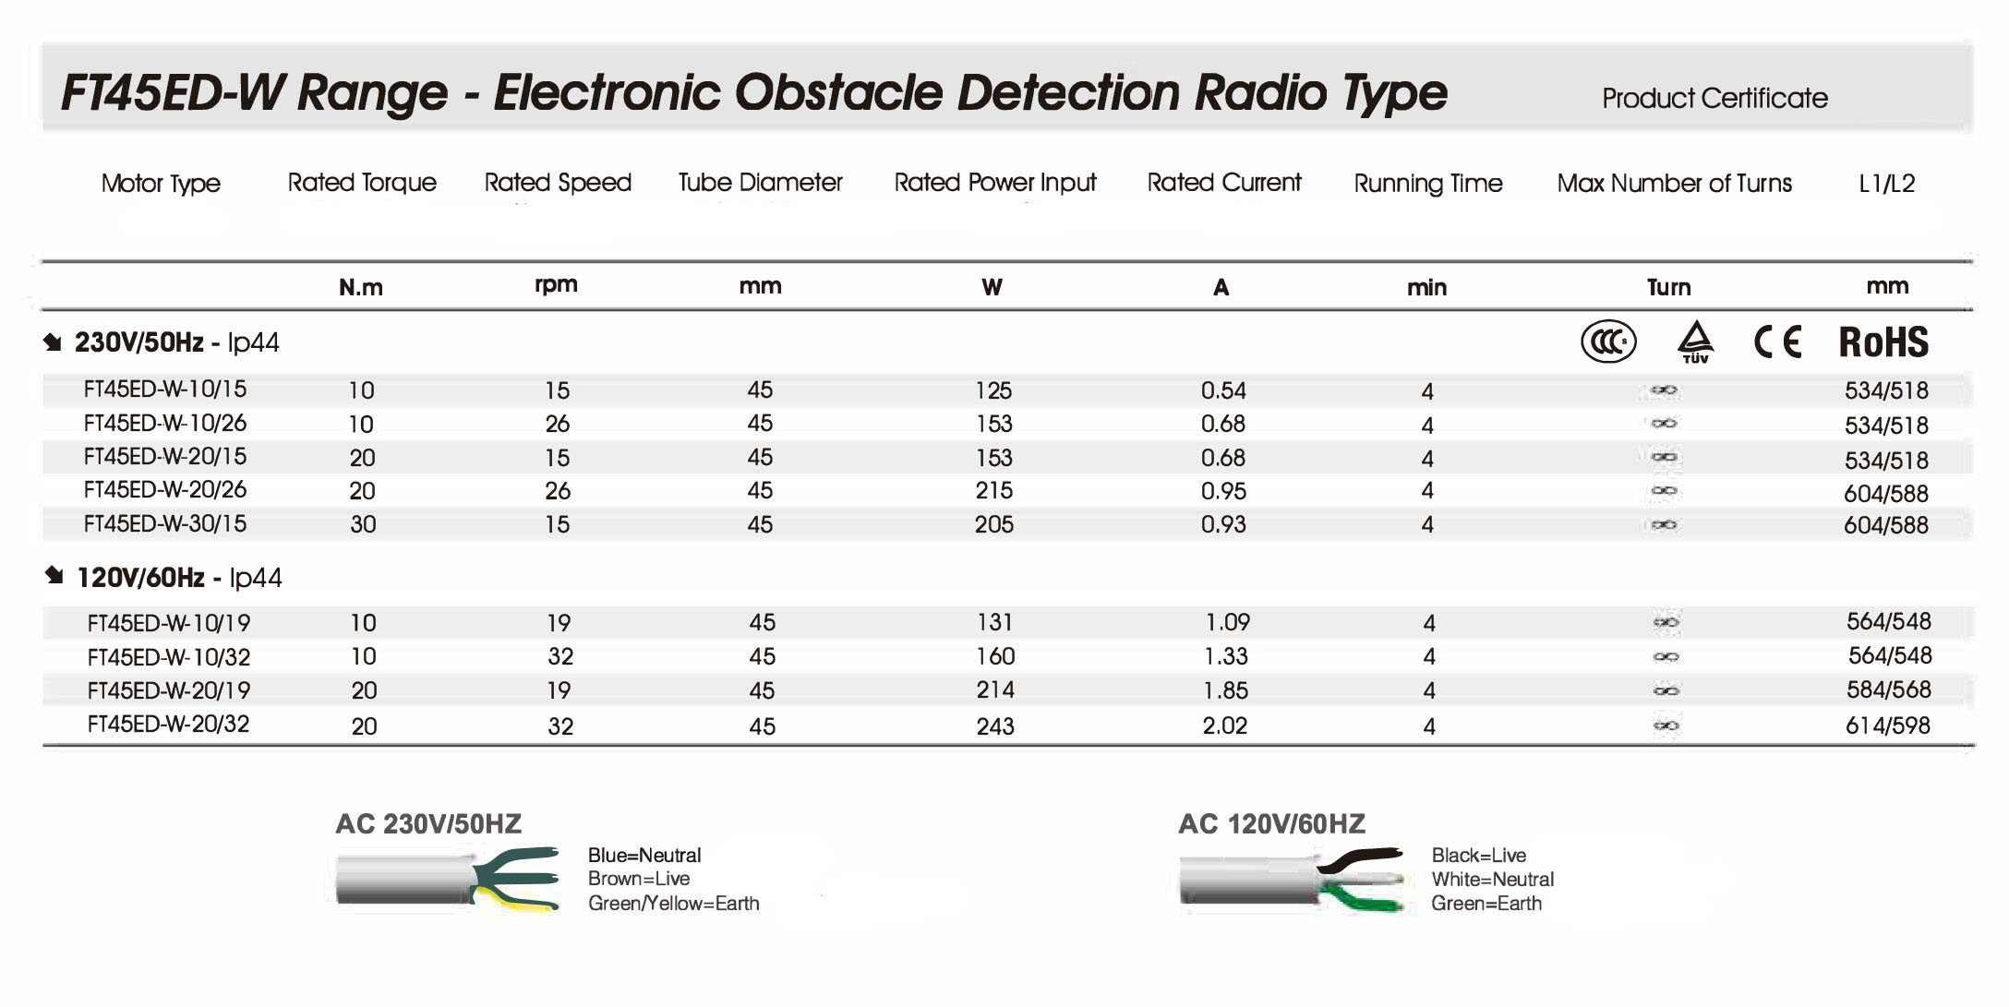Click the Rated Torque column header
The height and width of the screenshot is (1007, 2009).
click(362, 183)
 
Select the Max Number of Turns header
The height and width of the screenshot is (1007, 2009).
click(1674, 183)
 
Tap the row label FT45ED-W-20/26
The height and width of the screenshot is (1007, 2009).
click(165, 490)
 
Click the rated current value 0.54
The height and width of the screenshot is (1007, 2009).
click(1223, 390)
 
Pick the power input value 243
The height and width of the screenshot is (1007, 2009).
click(995, 726)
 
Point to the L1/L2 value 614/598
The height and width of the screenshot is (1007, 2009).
click(1888, 725)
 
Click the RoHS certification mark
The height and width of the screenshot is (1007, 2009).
click(1883, 342)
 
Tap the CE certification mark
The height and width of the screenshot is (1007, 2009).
click(1777, 342)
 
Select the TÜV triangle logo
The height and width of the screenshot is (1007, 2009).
click(1695, 342)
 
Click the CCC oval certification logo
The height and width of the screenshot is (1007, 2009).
click(1608, 342)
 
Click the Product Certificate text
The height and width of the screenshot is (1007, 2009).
click(1714, 98)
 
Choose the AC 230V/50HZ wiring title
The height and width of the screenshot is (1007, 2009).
click(428, 823)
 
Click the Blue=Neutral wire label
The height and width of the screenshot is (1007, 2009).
click(644, 855)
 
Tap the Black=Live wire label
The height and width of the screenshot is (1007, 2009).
click(1478, 855)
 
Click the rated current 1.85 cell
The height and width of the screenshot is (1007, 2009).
click(1227, 690)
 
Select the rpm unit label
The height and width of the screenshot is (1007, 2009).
click(556, 285)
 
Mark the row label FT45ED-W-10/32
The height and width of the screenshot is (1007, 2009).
click(169, 657)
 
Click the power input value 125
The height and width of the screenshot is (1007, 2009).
click(993, 390)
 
